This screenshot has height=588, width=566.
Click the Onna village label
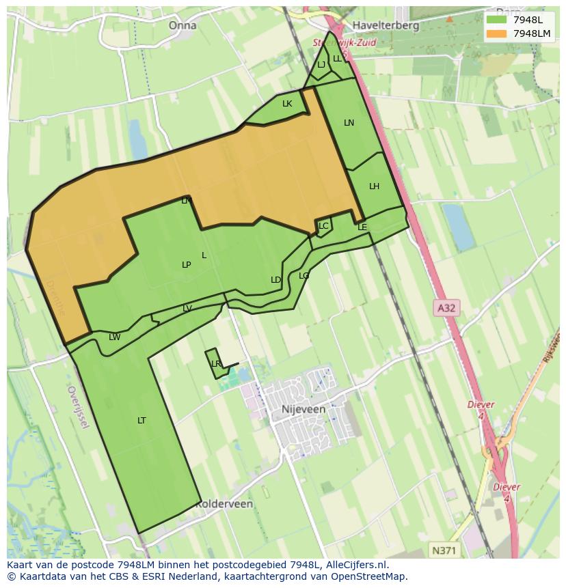pyautogui.click(x=182, y=25)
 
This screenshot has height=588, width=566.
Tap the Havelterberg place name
pyautogui.click(x=386, y=25)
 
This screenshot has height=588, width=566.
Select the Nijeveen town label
pyautogui.click(x=303, y=409)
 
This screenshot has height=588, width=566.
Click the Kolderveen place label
pyautogui.click(x=224, y=504)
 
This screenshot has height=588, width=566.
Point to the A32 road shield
pyautogui.click(x=446, y=308)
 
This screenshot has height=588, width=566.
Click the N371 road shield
pyautogui.click(x=446, y=550)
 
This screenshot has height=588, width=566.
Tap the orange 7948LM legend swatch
pyautogui.click(x=496, y=33)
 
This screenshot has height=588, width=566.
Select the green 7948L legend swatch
pyautogui.click(x=496, y=20)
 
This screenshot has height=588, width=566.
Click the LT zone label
pyautogui.click(x=141, y=420)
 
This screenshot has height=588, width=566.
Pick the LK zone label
pyautogui.click(x=287, y=104)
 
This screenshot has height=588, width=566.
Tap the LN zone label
pyautogui.click(x=349, y=123)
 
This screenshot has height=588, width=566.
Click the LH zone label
pyautogui.click(x=374, y=186)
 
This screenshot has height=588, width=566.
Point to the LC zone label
pyautogui.click(x=323, y=225)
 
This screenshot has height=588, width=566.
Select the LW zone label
pyautogui.click(x=114, y=337)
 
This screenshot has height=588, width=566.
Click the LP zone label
pyautogui.click(x=186, y=264)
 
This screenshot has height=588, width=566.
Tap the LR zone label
pyautogui.click(x=216, y=363)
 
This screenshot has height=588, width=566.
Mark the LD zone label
pyautogui.click(x=275, y=279)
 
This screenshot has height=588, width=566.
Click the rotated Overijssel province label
pyautogui.click(x=78, y=407)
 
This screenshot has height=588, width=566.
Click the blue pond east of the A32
pyautogui.click(x=459, y=226)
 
